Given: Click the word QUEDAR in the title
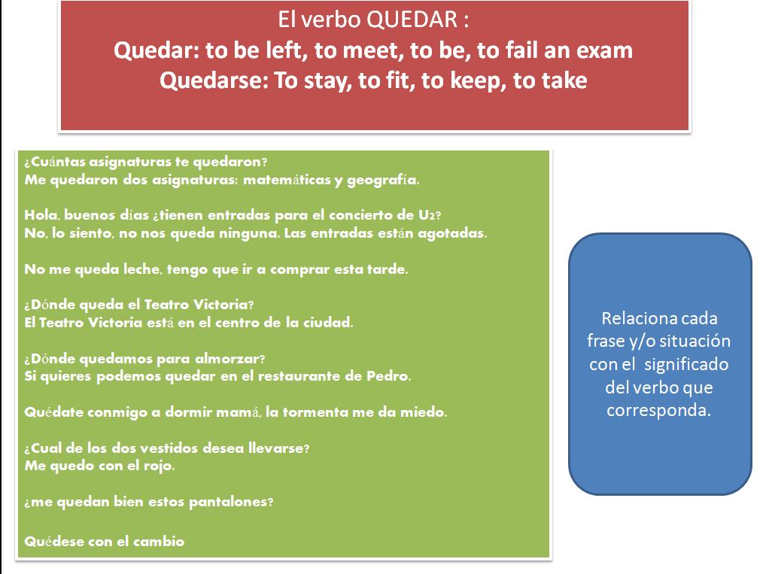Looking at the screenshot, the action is point(412,20).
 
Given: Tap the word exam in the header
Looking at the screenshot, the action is point(604,50).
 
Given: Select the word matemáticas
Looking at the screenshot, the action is point(287,180).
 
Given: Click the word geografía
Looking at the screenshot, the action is point(383,181).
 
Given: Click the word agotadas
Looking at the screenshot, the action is point(452,234).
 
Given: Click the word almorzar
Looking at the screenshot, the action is point(229,358).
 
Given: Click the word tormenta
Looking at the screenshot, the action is point(315,412).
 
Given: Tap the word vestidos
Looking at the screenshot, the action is point(169,448).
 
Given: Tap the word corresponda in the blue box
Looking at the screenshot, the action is point(658,411).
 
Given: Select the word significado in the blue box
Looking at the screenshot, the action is point(686,365).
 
